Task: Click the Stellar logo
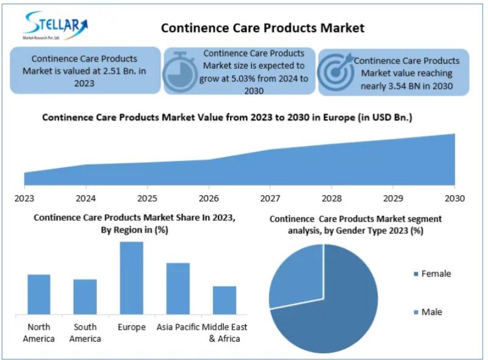tap(55, 25)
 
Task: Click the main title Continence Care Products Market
tap(262, 28)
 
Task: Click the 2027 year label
tap(270, 198)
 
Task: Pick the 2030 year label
tap(454, 198)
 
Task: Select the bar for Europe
tap(132, 278)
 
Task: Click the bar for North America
tap(38, 294)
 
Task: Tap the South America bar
tap(85, 297)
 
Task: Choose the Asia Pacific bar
tap(178, 288)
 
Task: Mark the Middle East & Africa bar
tap(224, 300)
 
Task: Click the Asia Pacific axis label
tap(178, 328)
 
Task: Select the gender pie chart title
tap(356, 225)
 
